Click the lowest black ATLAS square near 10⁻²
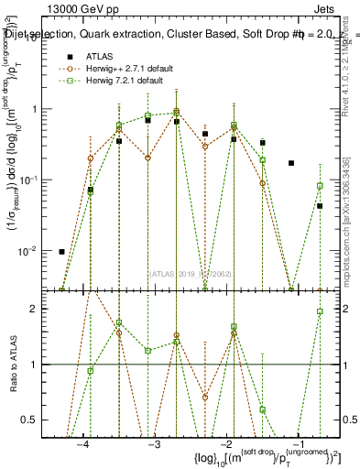[61, 251]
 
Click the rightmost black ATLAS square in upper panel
[320, 206]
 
